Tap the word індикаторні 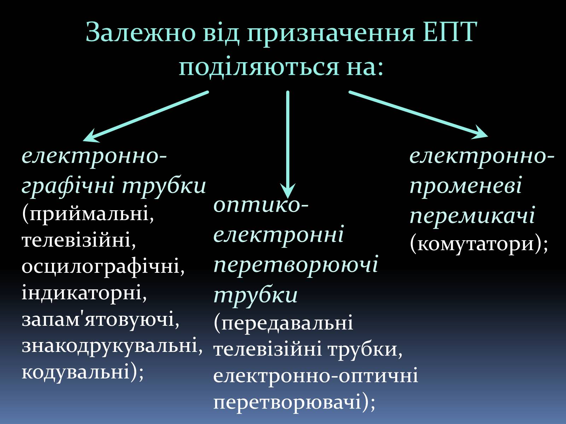coord(84,293)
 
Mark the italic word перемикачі coord(472,216)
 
